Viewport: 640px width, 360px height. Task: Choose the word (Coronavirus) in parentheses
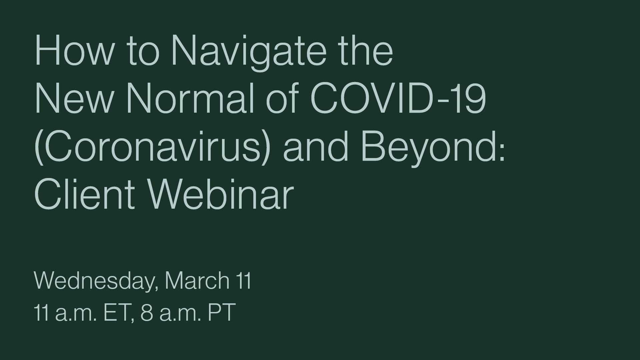pos(151,147)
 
